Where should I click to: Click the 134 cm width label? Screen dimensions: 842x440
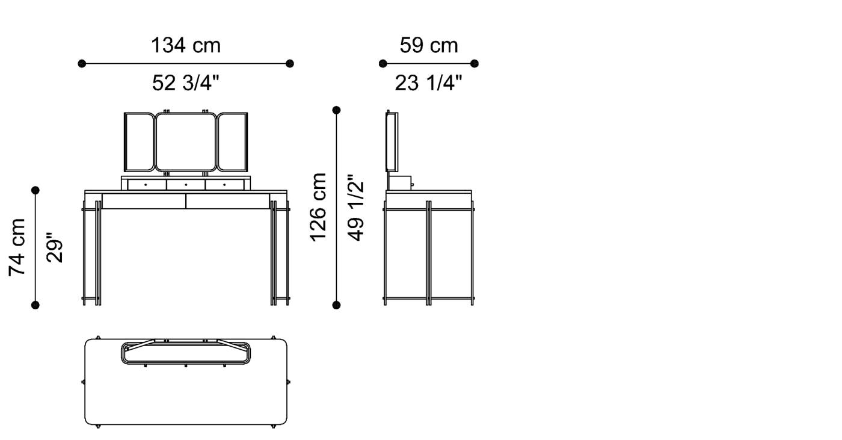point(186,46)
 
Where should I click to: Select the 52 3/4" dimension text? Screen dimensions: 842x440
point(186,82)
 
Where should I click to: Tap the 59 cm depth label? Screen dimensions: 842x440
point(428,46)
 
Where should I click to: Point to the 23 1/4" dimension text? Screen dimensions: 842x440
point(428,82)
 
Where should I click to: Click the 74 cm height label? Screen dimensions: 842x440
point(17,247)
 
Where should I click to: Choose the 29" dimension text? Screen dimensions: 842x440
point(55,248)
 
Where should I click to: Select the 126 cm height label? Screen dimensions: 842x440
point(318,207)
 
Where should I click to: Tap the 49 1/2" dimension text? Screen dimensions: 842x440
point(355,207)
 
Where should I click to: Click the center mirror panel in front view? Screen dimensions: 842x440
point(186,142)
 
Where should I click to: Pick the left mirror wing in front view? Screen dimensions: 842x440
point(140,142)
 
